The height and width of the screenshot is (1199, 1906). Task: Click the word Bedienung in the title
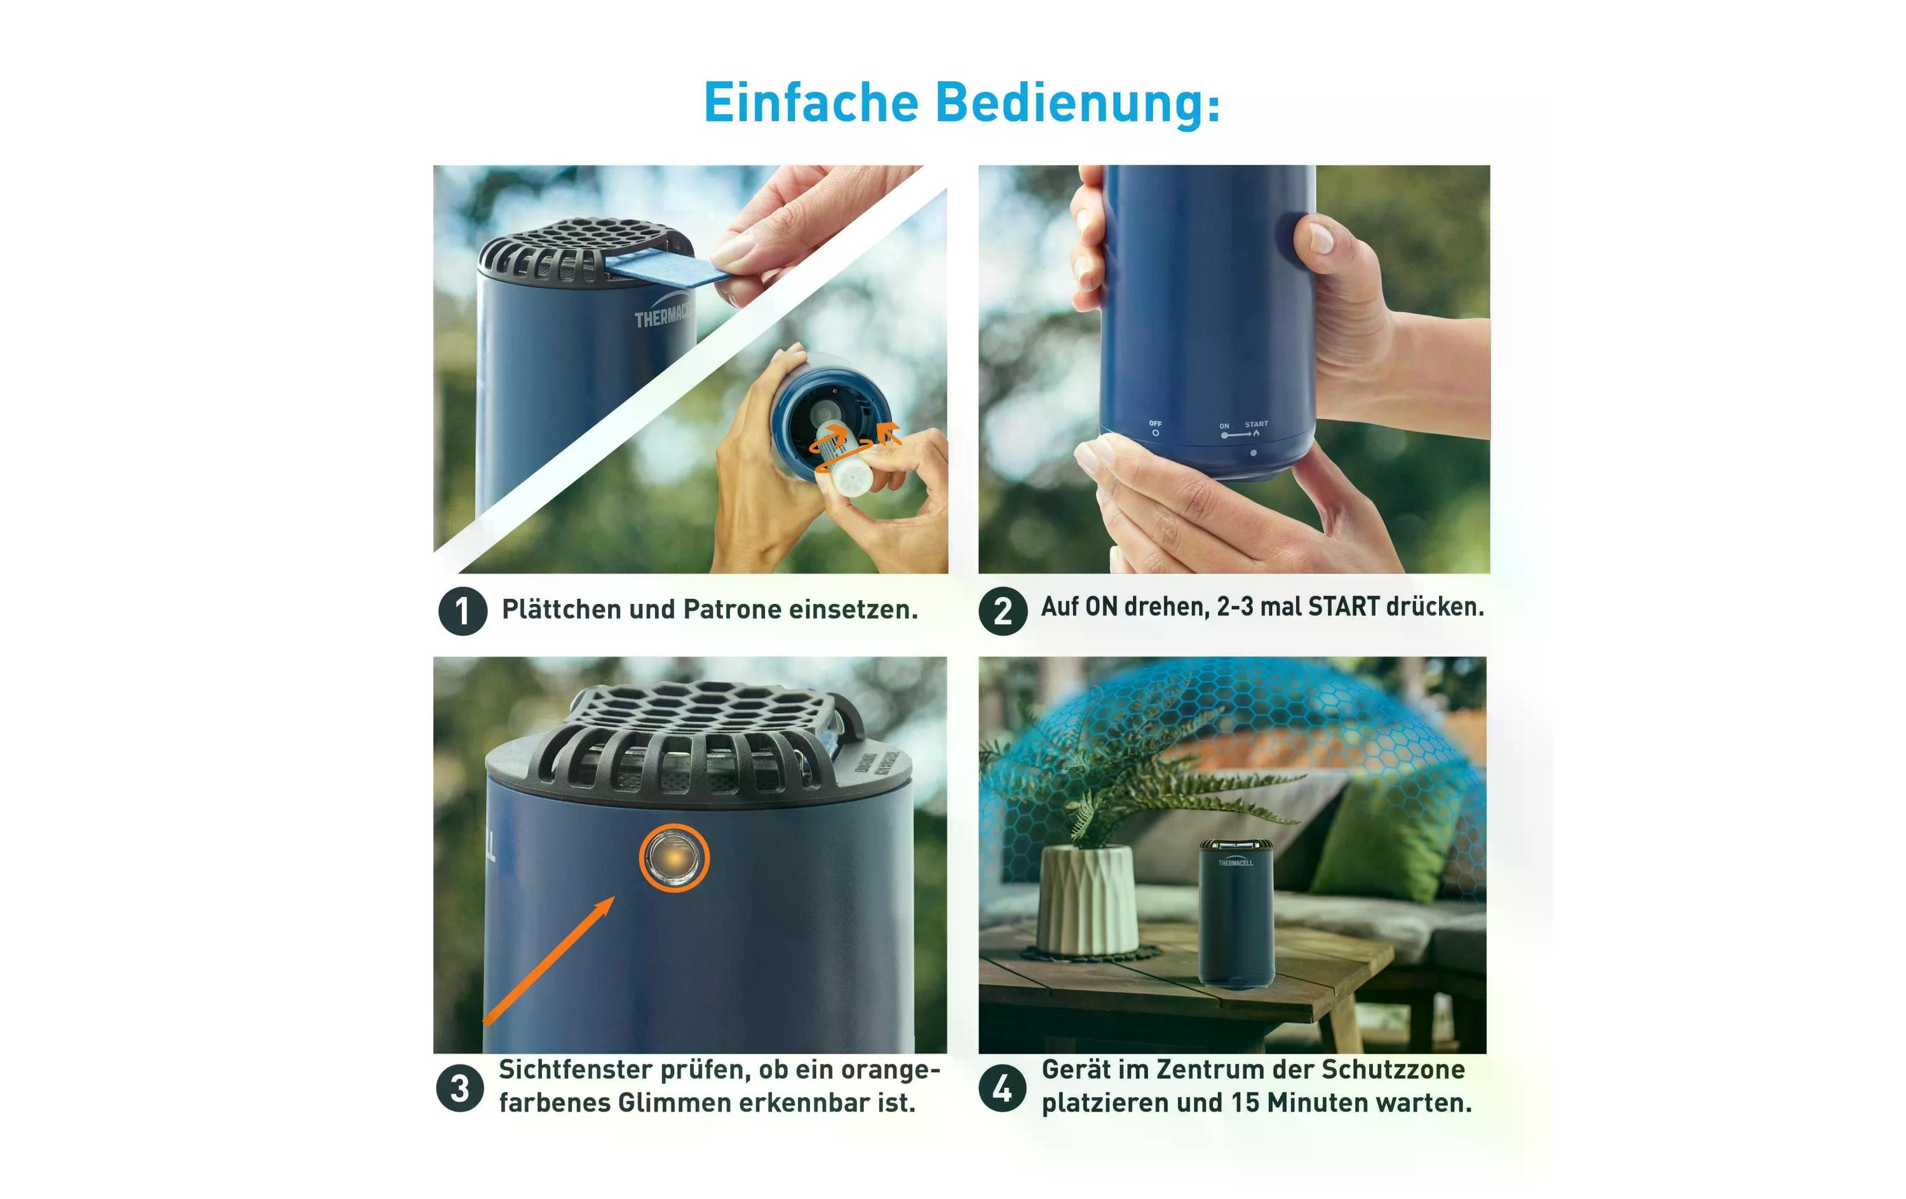(x=1078, y=104)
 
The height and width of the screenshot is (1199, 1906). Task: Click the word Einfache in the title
(x=811, y=104)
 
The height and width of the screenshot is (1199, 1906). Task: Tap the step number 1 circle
(x=463, y=611)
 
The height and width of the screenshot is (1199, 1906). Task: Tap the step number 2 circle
(x=1002, y=610)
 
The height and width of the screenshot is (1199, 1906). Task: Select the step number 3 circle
(x=460, y=1088)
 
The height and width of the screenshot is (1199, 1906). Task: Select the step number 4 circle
(x=1002, y=1088)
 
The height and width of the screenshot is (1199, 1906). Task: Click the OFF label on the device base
(x=1156, y=424)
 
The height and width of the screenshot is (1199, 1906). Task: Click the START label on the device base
(x=1256, y=424)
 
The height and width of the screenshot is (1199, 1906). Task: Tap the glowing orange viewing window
(x=673, y=858)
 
